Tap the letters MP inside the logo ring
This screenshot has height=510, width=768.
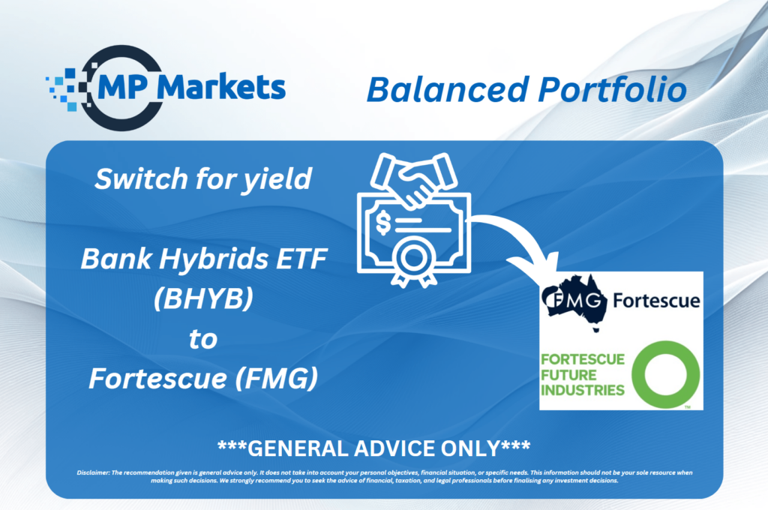pyautogui.click(x=122, y=87)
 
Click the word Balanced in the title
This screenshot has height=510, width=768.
pyautogui.click(x=448, y=90)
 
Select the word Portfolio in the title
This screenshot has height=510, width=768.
pyautogui.click(x=612, y=89)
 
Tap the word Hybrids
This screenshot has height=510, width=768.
pyautogui.click(x=214, y=259)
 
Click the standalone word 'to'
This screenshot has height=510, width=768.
pyautogui.click(x=203, y=339)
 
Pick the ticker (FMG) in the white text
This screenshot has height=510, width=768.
pyautogui.click(x=277, y=379)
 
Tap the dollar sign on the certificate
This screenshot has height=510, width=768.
pyautogui.click(x=383, y=223)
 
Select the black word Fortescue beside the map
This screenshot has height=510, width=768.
pyautogui.click(x=656, y=300)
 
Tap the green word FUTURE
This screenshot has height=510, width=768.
pyautogui.click(x=568, y=375)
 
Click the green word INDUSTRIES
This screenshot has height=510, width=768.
pyautogui.click(x=583, y=391)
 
